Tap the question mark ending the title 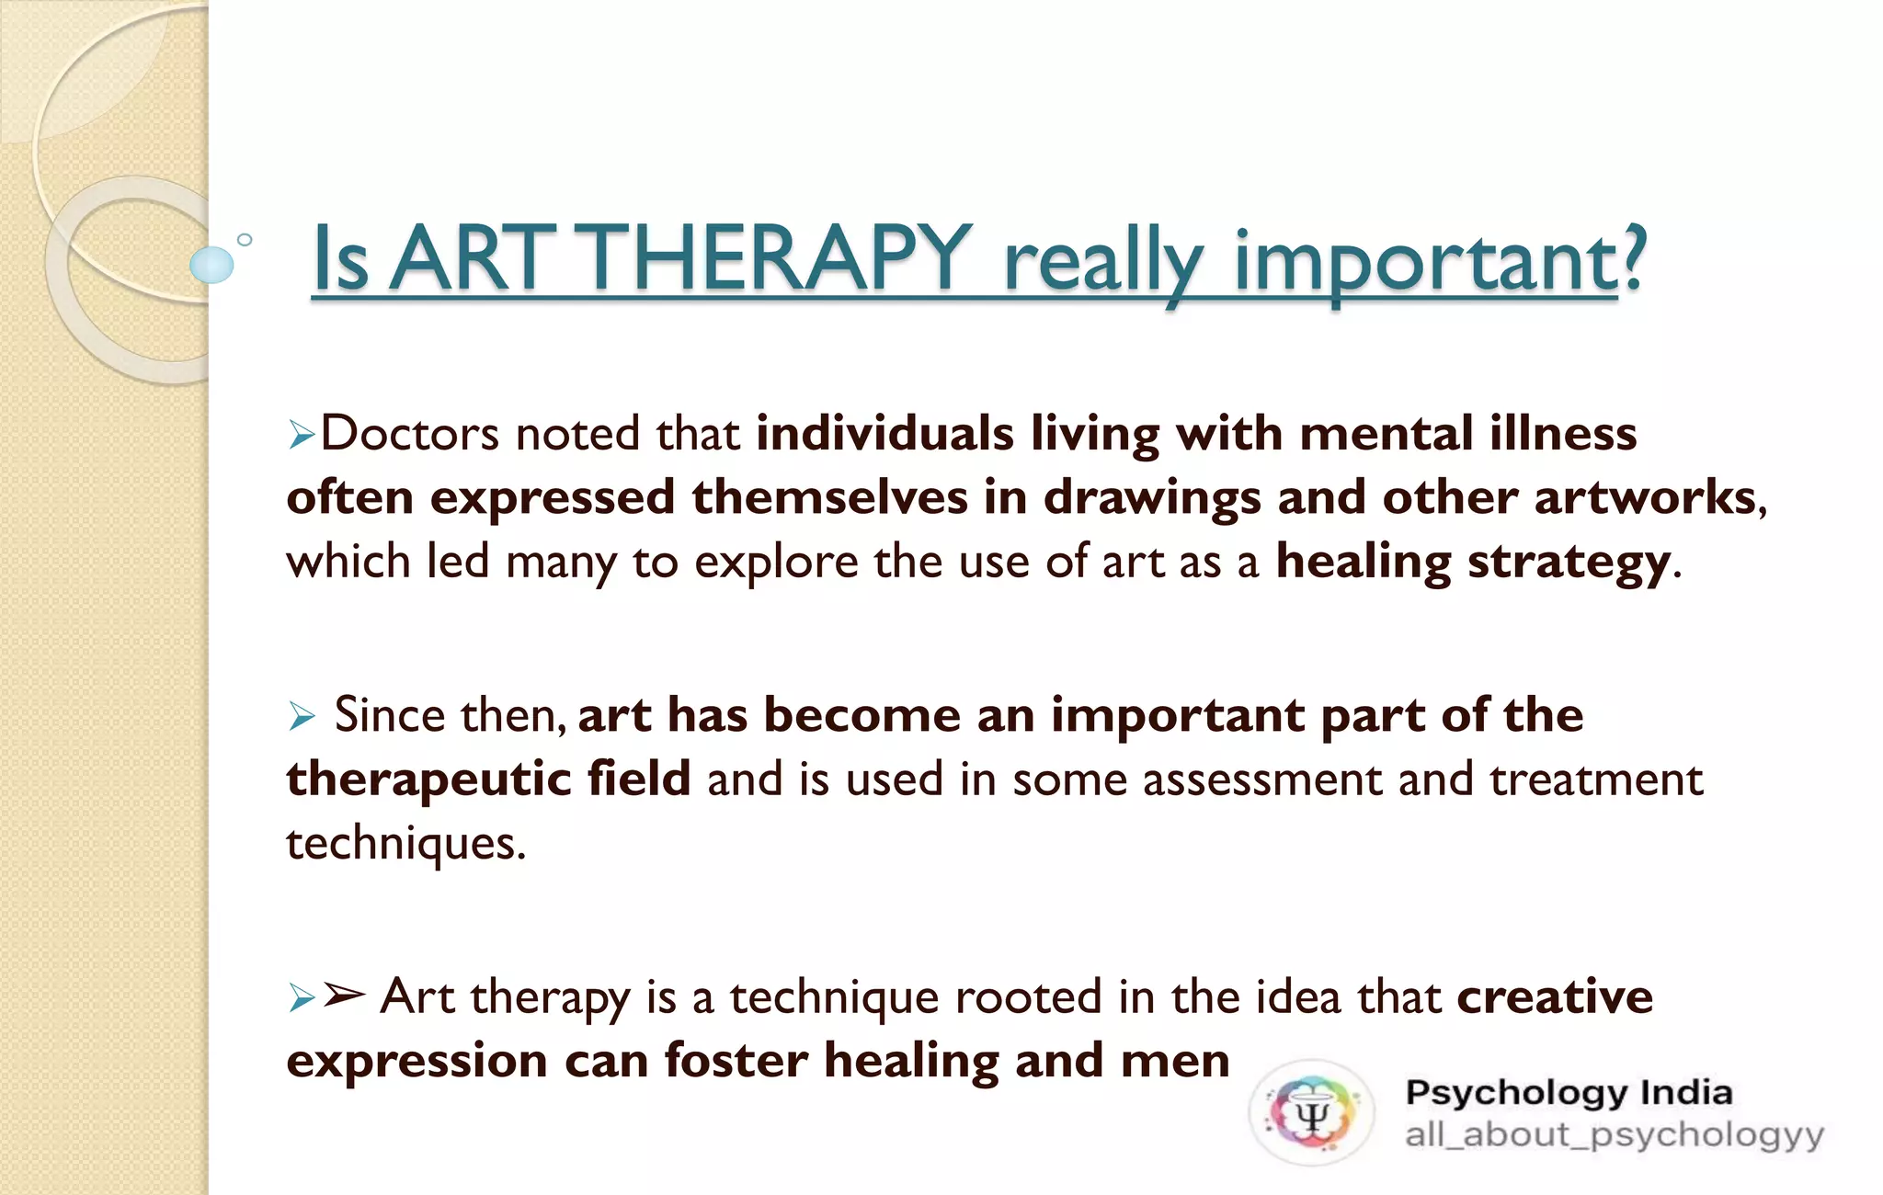tap(1632, 259)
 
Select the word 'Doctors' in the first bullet tap(410, 433)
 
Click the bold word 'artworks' tap(1645, 497)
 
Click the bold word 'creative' tap(1555, 996)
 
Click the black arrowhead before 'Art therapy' tap(344, 995)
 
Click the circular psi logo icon tap(1311, 1113)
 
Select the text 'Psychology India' tap(1569, 1093)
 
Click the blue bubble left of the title tap(211, 265)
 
